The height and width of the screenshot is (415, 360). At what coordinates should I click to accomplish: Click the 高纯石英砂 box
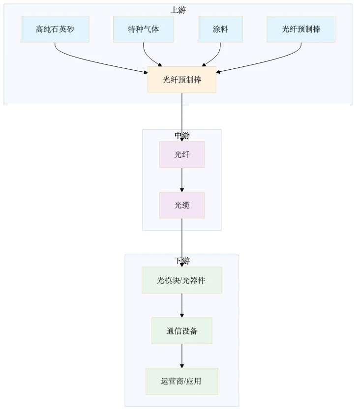pyautogui.click(x=55, y=29)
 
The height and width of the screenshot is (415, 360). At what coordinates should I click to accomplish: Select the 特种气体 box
pyautogui.click(x=144, y=29)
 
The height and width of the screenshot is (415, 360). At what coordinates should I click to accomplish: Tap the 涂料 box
pyautogui.click(x=220, y=29)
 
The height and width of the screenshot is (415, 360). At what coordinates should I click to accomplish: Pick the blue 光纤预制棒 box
pyautogui.click(x=301, y=29)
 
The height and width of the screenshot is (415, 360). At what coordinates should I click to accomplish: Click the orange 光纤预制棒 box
pyautogui.click(x=182, y=80)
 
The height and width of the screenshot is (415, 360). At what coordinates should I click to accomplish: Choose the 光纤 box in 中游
pyautogui.click(x=182, y=154)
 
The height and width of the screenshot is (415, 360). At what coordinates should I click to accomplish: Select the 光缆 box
pyautogui.click(x=182, y=205)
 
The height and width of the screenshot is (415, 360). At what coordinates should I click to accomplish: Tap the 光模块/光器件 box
pyautogui.click(x=182, y=280)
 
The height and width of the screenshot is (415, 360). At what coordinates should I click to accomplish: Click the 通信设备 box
pyautogui.click(x=182, y=331)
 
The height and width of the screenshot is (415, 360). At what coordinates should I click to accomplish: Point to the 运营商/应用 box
pyautogui.click(x=182, y=381)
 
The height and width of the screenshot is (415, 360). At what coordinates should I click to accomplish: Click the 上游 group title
pyautogui.click(x=178, y=10)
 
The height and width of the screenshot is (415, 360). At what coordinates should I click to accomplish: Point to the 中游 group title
pyautogui.click(x=182, y=135)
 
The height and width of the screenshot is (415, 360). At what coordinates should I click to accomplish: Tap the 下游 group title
pyautogui.click(x=182, y=261)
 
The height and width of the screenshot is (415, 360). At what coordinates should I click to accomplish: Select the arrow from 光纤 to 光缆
pyautogui.click(x=182, y=180)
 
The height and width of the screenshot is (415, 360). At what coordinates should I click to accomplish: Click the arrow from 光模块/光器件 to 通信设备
pyautogui.click(x=182, y=305)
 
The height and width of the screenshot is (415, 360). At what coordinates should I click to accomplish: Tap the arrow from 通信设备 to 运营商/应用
pyautogui.click(x=182, y=356)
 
